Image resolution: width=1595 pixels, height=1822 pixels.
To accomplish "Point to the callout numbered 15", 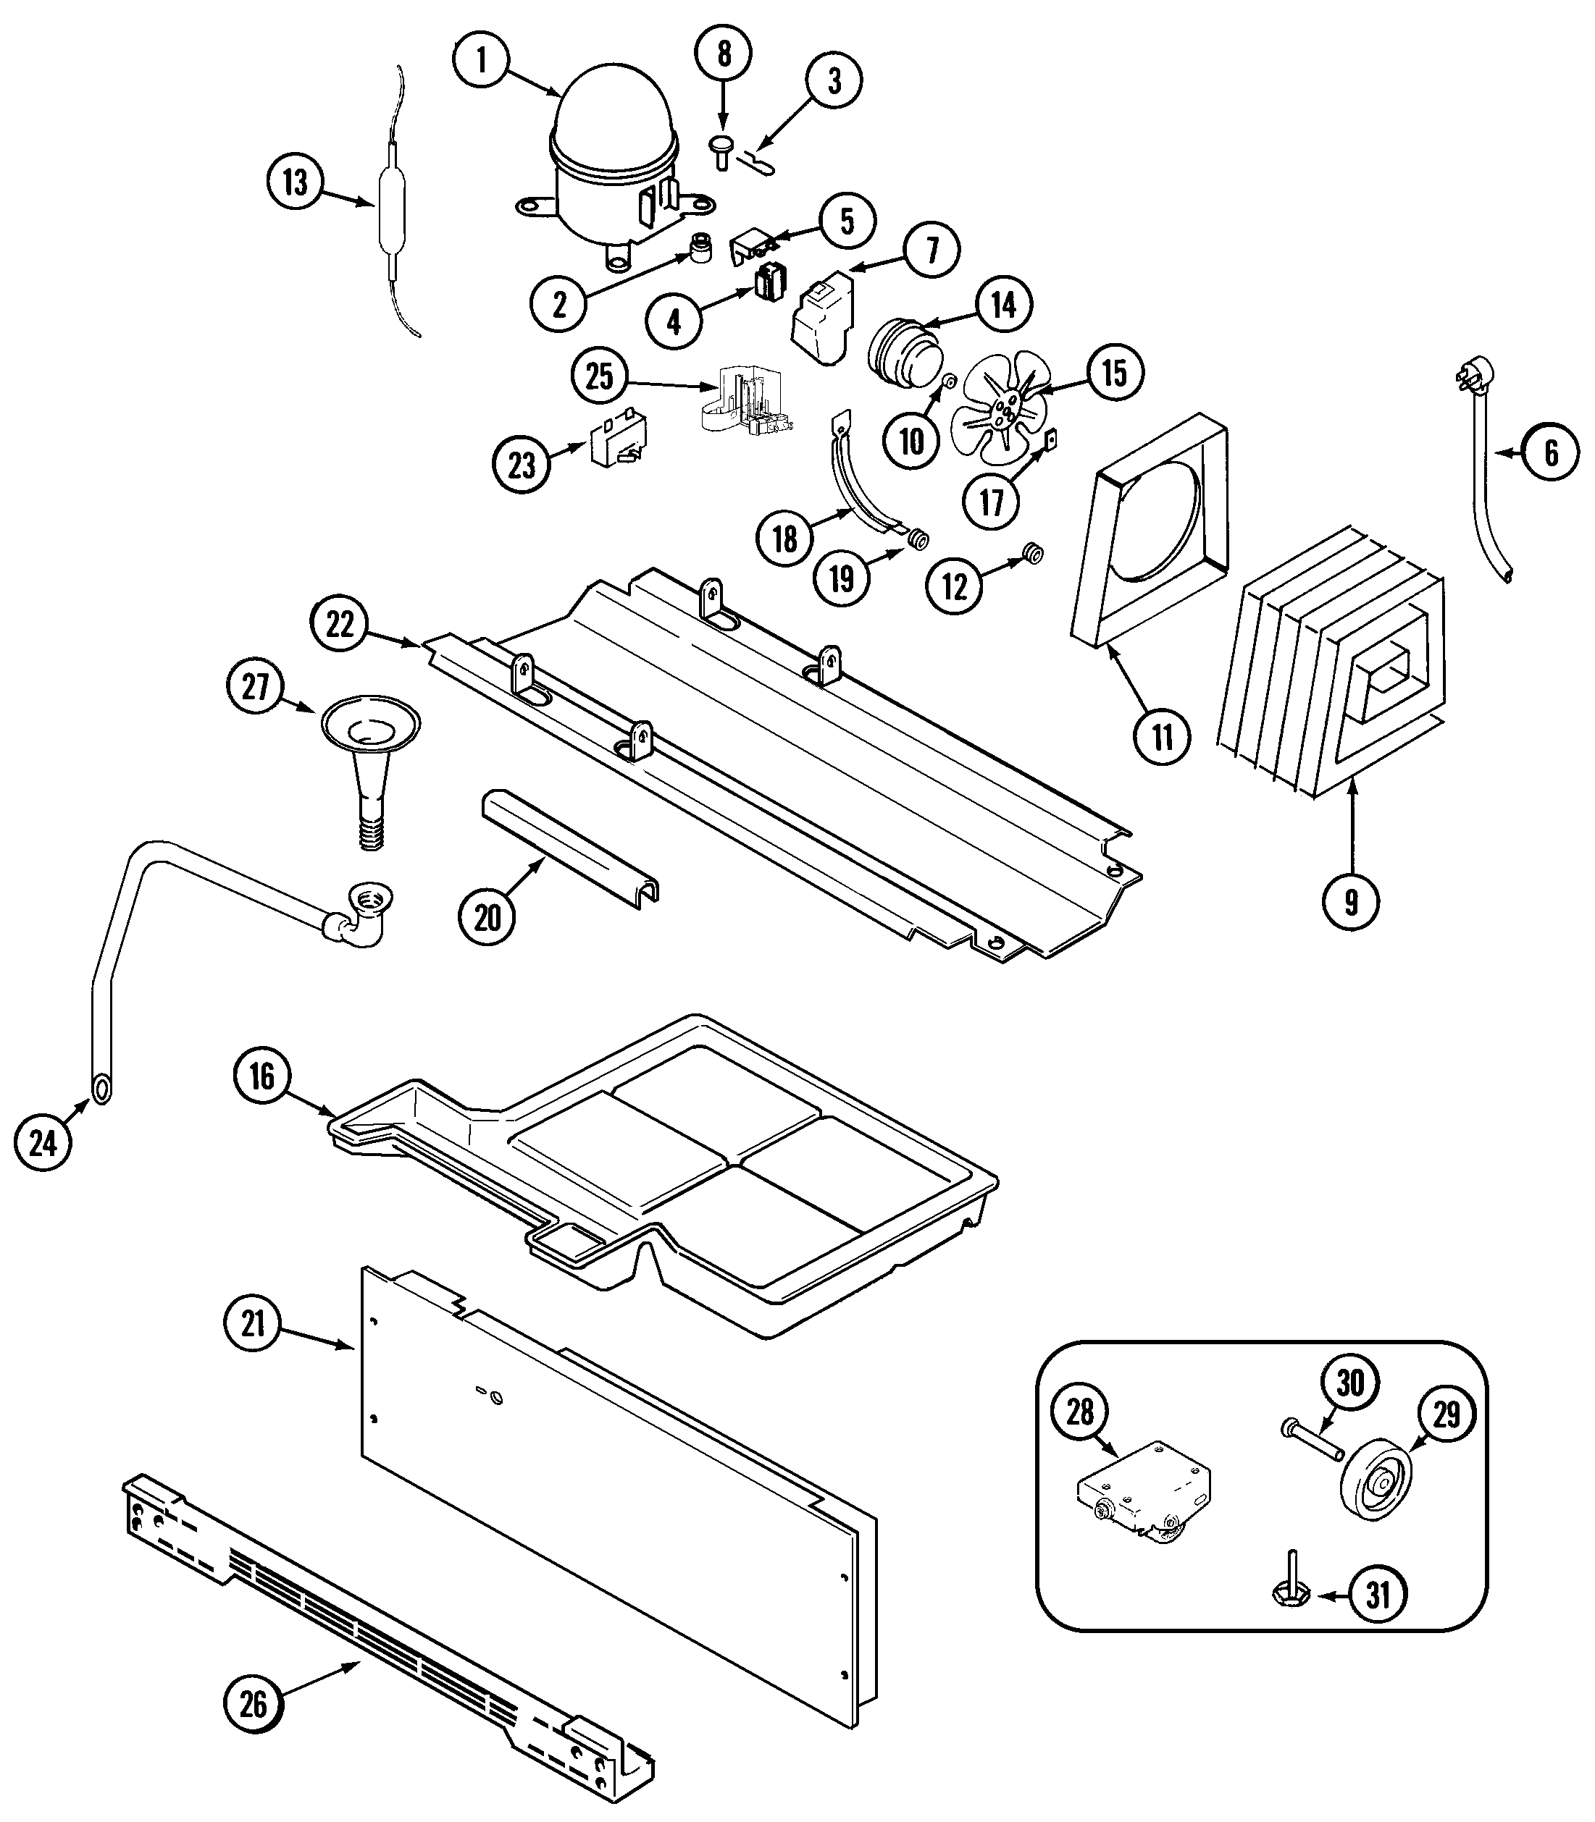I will click(1114, 373).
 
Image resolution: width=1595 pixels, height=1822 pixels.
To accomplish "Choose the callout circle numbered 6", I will click(1551, 453).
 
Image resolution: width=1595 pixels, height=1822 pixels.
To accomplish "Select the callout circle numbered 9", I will click(1351, 903).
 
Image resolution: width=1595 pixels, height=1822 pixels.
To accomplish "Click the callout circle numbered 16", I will click(261, 1076).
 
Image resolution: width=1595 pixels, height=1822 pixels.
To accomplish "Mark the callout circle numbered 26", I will click(253, 1704).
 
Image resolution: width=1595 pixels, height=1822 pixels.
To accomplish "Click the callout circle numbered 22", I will click(340, 625).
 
